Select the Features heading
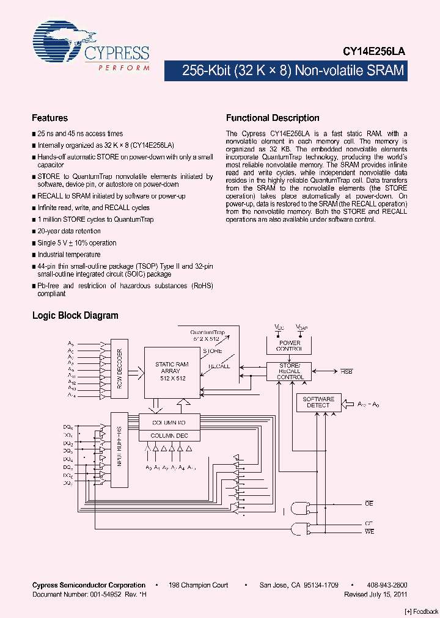[50, 118]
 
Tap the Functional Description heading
[273, 118]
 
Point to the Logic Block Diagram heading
[75, 316]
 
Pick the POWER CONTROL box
[290, 346]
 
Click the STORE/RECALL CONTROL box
[290, 371]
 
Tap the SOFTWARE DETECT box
[318, 402]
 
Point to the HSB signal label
[346, 371]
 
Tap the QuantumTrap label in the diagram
[208, 333]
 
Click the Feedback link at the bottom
[422, 611]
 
